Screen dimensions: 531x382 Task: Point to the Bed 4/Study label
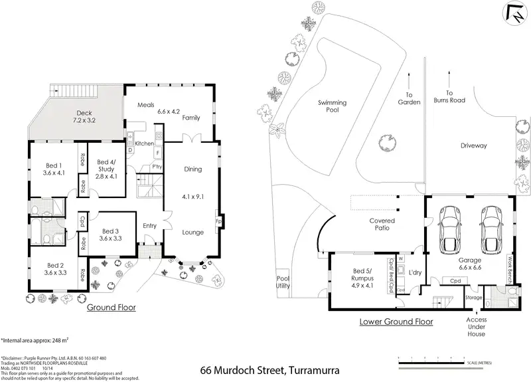tap(107, 169)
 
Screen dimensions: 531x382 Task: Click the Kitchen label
tap(145, 143)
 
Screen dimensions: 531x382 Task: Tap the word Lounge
tap(193, 232)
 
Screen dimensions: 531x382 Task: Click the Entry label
tap(149, 226)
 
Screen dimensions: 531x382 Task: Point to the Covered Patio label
tap(382, 225)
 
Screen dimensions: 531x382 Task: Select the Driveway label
tap(474, 145)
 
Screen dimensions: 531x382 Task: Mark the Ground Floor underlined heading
tap(112, 308)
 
